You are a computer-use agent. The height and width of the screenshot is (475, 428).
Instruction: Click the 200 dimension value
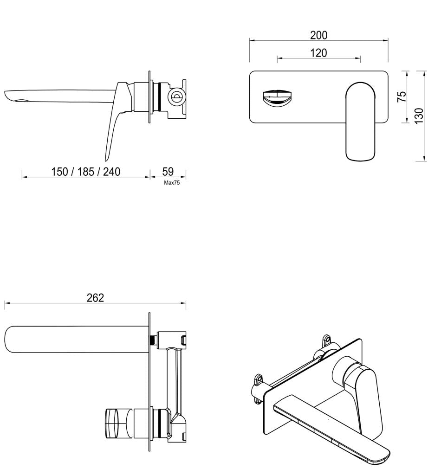318,35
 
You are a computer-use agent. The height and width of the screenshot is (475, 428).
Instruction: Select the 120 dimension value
318,53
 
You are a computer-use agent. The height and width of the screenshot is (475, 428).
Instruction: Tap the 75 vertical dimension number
402,96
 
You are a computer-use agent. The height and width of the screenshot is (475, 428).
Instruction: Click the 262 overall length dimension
95,298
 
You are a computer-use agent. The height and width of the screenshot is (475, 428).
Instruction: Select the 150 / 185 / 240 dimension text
85,172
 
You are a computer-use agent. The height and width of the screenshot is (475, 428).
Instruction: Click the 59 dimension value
168,172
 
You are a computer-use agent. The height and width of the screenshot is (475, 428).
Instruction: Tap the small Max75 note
172,183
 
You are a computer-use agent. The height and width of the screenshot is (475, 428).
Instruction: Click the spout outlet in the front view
276,97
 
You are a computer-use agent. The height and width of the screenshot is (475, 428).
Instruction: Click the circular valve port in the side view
176,97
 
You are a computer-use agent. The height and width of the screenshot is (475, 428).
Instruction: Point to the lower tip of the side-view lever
106,159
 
